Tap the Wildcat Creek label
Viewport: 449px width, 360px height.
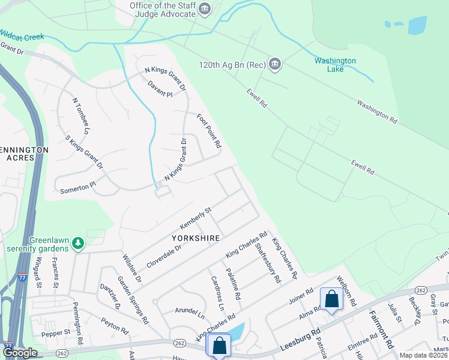pos(22,35)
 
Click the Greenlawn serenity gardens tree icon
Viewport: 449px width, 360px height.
pos(77,243)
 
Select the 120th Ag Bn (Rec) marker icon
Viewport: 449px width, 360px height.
pos(275,64)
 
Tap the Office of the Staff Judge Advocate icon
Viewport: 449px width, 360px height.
pos(205,8)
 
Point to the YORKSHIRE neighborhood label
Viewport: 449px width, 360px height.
pos(200,238)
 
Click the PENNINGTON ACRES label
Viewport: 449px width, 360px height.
pos(24,153)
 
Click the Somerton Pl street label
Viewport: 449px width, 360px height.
pos(77,188)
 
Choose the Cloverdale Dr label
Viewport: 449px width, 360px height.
pos(164,256)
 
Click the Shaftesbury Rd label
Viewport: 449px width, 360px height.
pos(268,263)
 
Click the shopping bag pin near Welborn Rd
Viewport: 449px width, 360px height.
pos(331,299)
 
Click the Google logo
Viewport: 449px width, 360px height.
pos(20,353)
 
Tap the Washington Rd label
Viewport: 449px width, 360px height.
pos(377,112)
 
